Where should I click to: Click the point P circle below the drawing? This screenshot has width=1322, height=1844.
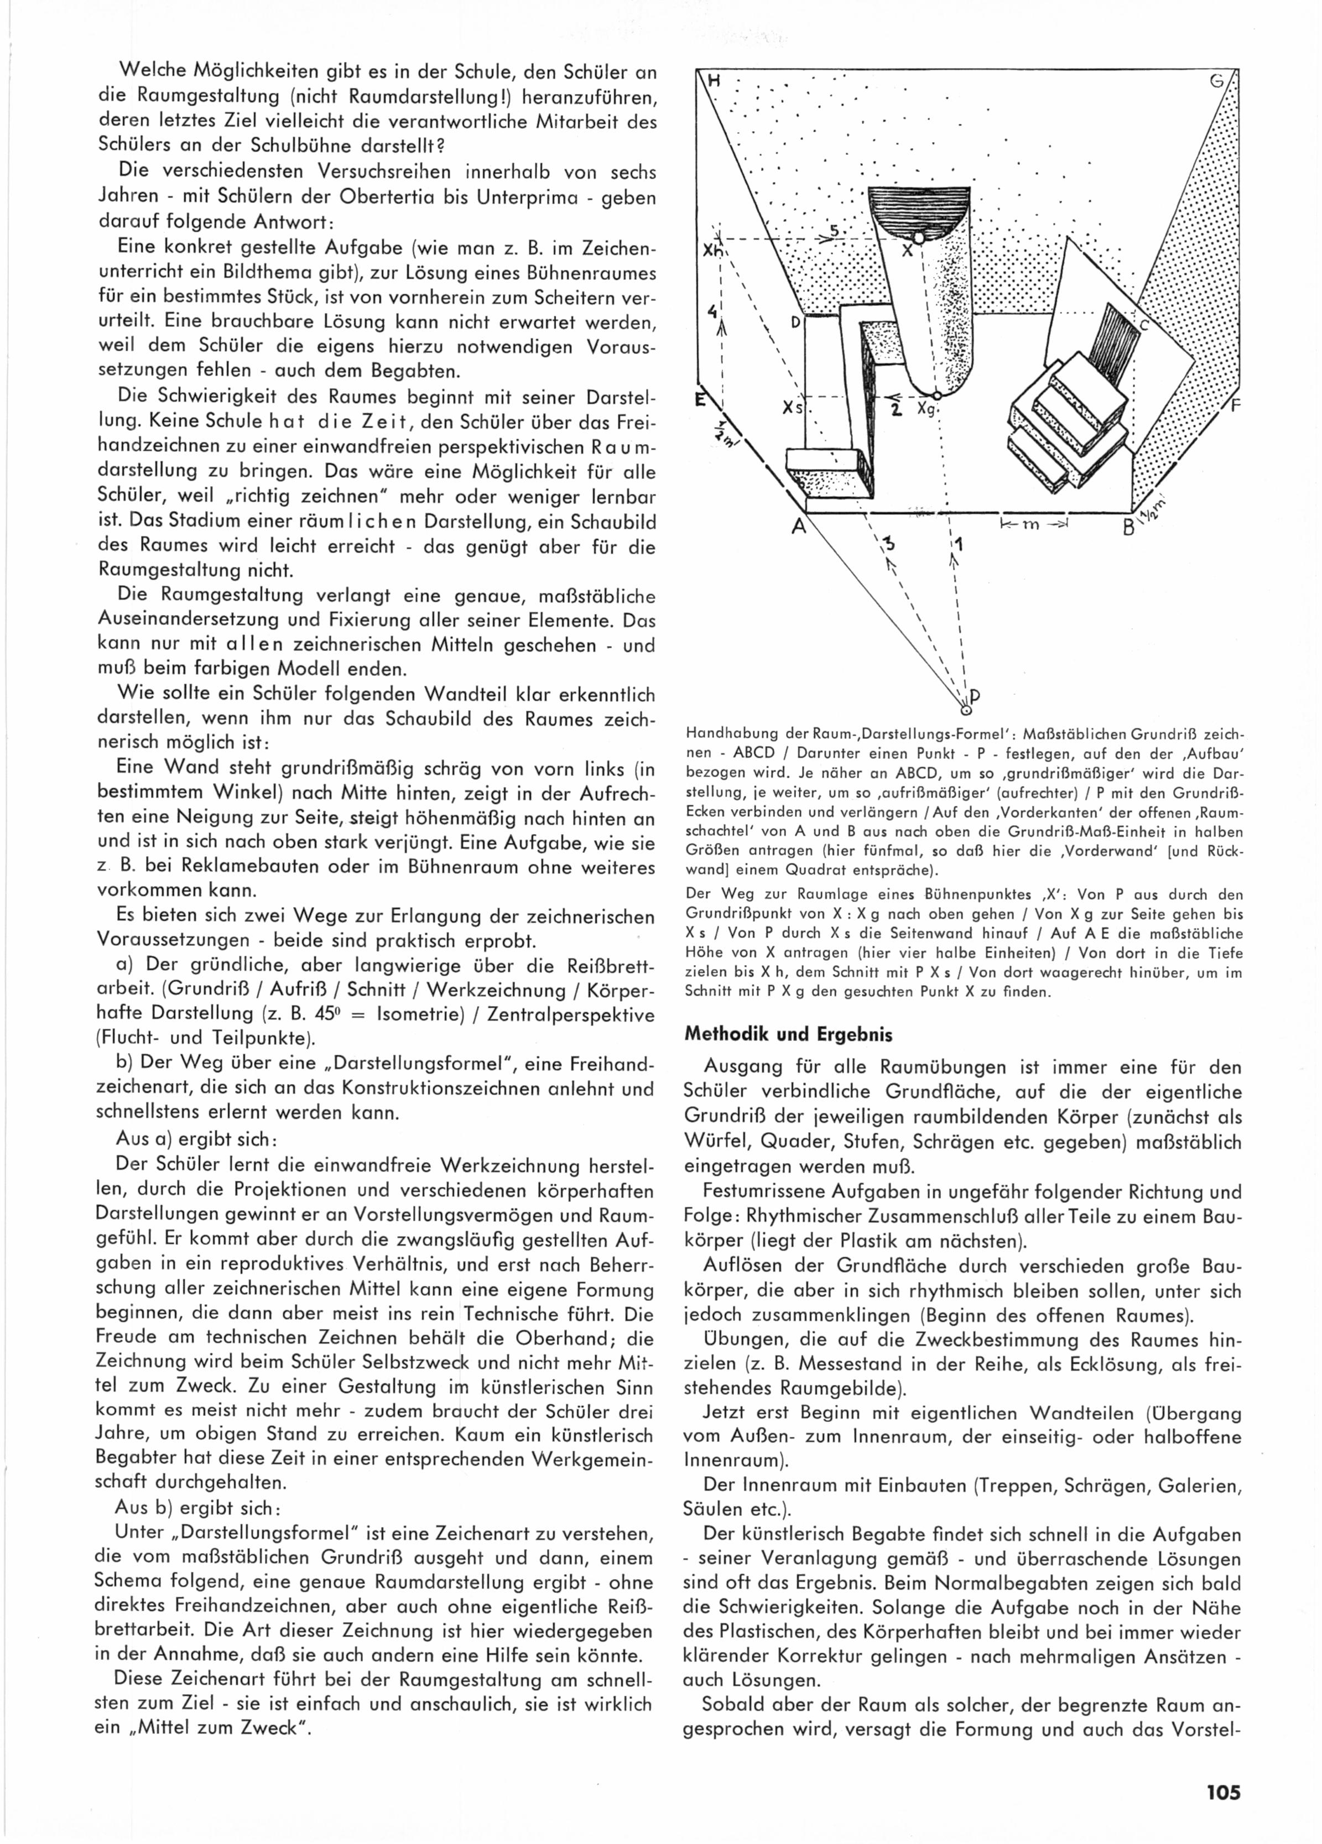pyautogui.click(x=965, y=708)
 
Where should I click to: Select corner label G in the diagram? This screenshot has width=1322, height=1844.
pyautogui.click(x=1217, y=81)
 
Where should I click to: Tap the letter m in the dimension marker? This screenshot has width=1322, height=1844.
pyautogui.click(x=1030, y=524)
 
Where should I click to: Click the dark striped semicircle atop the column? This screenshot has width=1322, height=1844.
pyautogui.click(x=919, y=209)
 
